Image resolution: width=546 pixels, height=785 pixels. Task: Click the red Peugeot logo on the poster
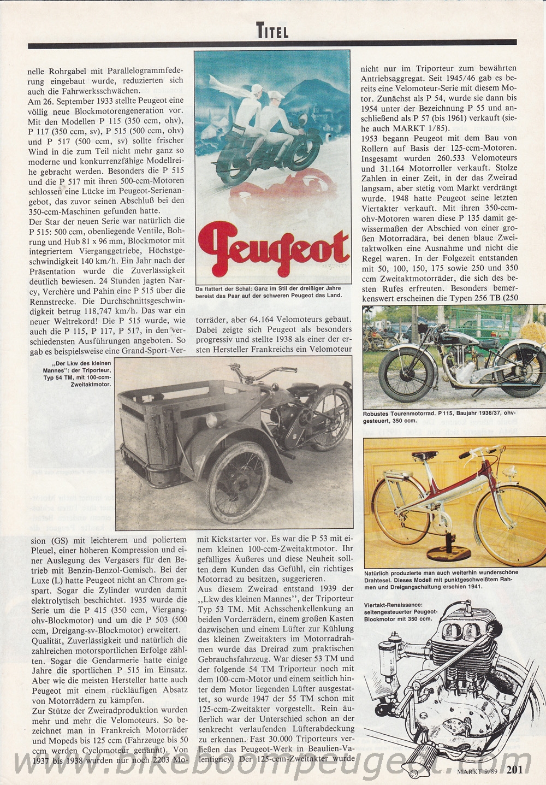[273, 246]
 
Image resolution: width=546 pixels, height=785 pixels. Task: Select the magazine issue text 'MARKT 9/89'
[477, 772]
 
